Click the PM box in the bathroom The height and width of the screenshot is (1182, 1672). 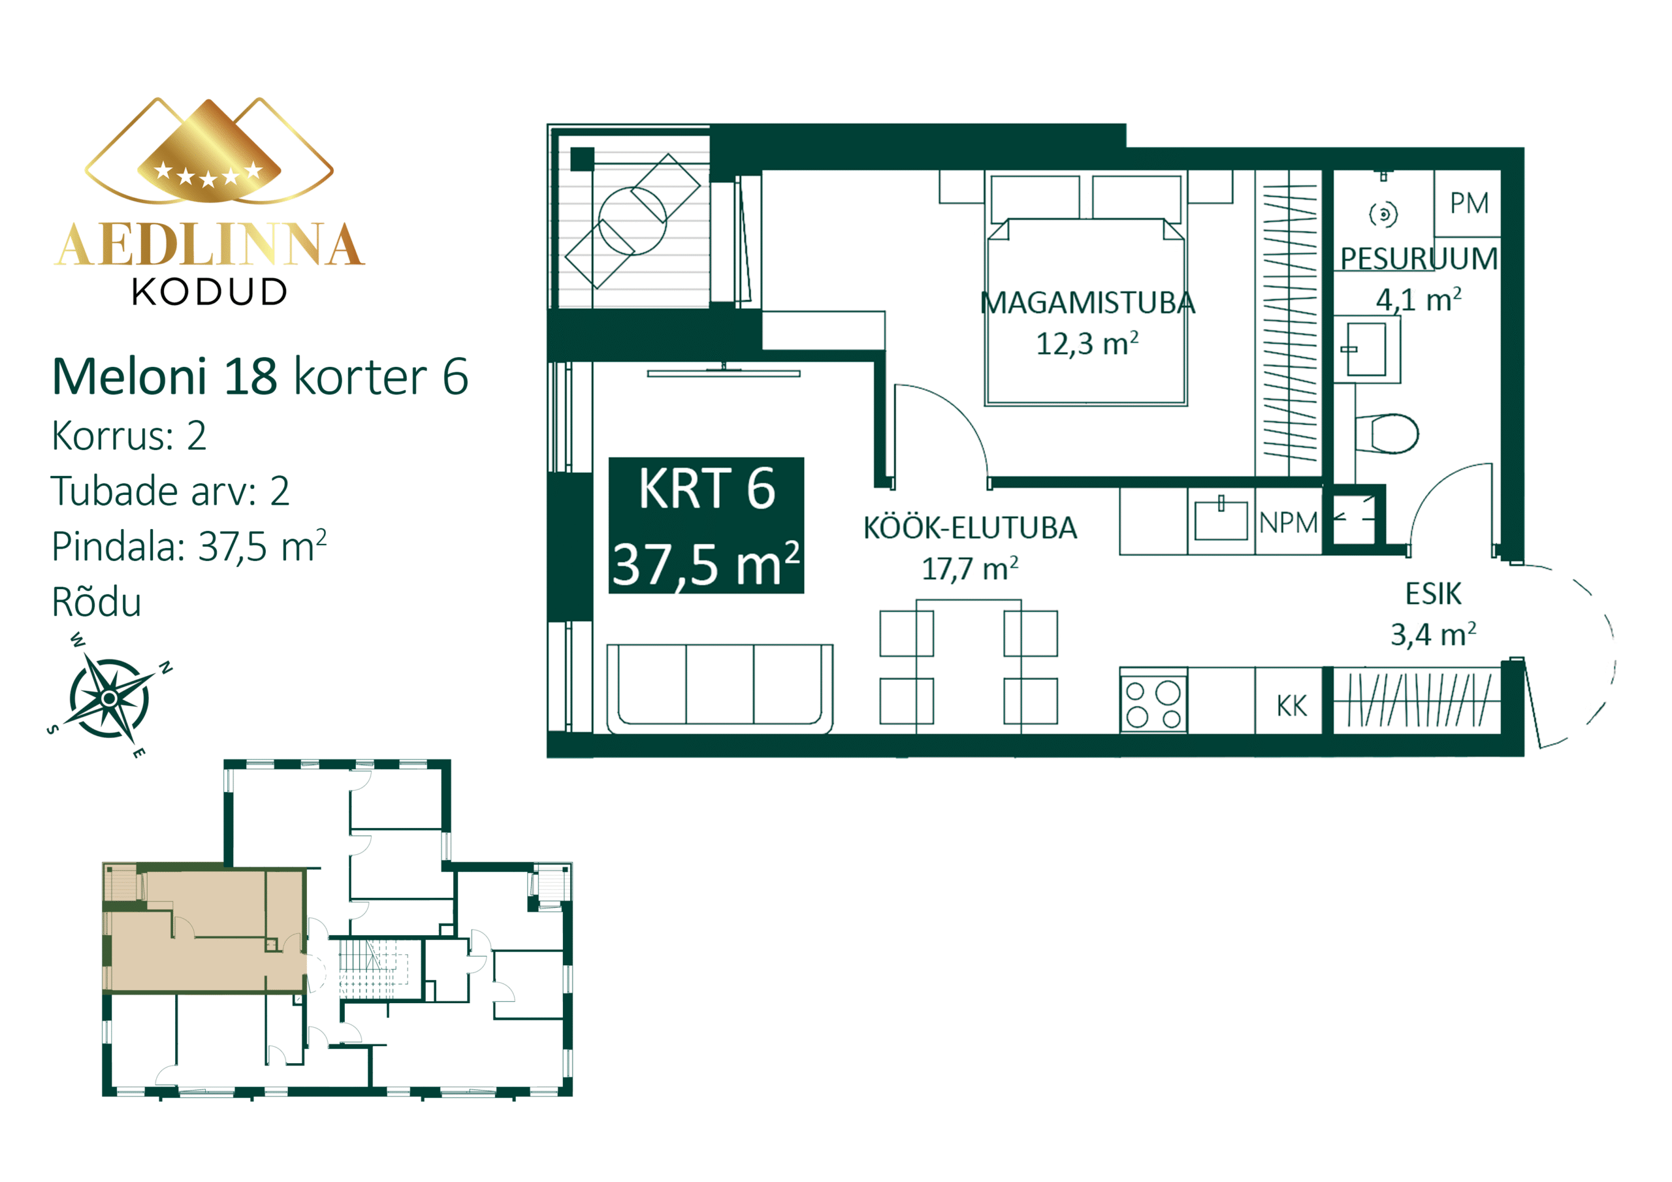pyautogui.click(x=1467, y=203)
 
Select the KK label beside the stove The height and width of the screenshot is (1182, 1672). pyautogui.click(x=1291, y=706)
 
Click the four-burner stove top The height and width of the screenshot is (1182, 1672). pyautogui.click(x=1153, y=704)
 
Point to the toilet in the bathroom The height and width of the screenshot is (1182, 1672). pyautogui.click(x=1387, y=434)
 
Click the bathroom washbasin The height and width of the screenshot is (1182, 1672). pyautogui.click(x=1366, y=349)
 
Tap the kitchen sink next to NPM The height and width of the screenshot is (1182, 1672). pyautogui.click(x=1221, y=520)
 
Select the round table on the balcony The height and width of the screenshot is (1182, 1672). pyautogui.click(x=632, y=221)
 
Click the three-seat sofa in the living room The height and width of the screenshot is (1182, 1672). pyautogui.click(x=720, y=688)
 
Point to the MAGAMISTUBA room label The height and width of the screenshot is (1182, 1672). pyautogui.click(x=1087, y=303)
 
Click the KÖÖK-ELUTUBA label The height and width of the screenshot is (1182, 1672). pyautogui.click(x=970, y=528)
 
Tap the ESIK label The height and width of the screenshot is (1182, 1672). pyautogui.click(x=1433, y=594)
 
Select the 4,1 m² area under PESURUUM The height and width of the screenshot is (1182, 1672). pyautogui.click(x=1419, y=299)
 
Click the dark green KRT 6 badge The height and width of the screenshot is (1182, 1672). pyautogui.click(x=707, y=525)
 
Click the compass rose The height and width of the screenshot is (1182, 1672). pyautogui.click(x=109, y=697)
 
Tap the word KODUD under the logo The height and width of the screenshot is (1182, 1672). pyautogui.click(x=210, y=292)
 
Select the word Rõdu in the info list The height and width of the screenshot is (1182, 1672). pyautogui.click(x=97, y=602)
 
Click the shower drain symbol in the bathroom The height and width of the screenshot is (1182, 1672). pyautogui.click(x=1383, y=214)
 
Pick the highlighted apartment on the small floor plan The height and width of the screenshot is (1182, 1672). pyautogui.click(x=205, y=929)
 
